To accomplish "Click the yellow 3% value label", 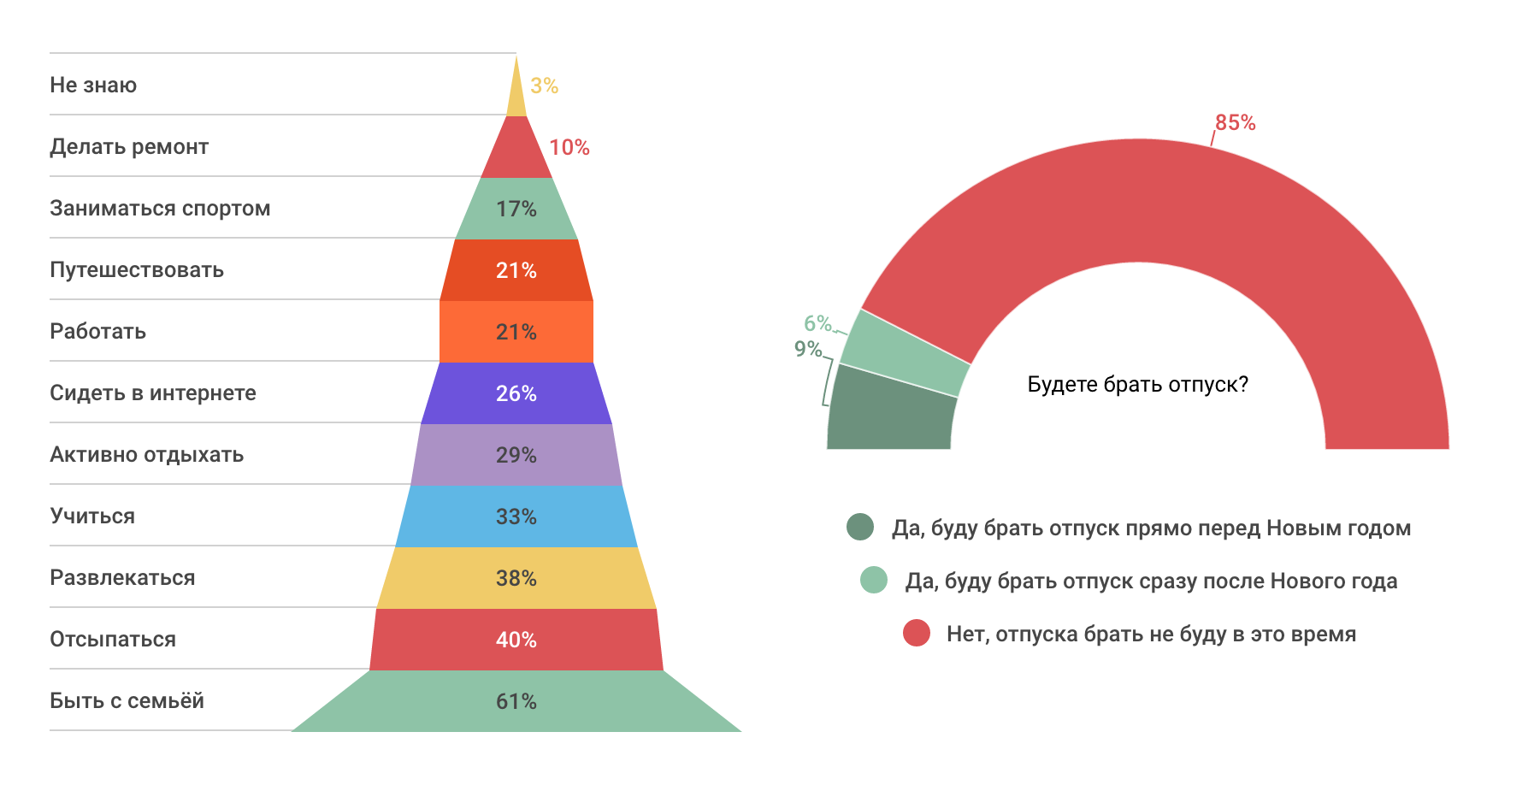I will (544, 86).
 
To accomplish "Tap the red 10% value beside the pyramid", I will (569, 147).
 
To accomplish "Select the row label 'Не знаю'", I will (93, 85).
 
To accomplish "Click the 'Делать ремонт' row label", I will (129, 146).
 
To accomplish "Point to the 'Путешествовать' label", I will (137, 269).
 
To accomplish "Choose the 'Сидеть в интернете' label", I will (153, 392).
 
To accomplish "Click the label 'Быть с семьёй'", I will (127, 700).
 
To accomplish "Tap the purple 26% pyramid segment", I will (516, 393).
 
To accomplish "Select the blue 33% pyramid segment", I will (516, 516).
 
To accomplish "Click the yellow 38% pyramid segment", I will (516, 578).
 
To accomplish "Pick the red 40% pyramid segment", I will (516, 640).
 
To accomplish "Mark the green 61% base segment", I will (516, 701).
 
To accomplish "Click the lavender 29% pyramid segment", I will (516, 455).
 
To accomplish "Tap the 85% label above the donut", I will (1235, 122).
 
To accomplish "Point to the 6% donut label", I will (817, 323).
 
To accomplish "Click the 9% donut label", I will (807, 349).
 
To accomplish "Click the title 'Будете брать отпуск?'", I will (1137, 384).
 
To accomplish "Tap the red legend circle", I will (917, 634).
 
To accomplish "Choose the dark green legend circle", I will (860, 528).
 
